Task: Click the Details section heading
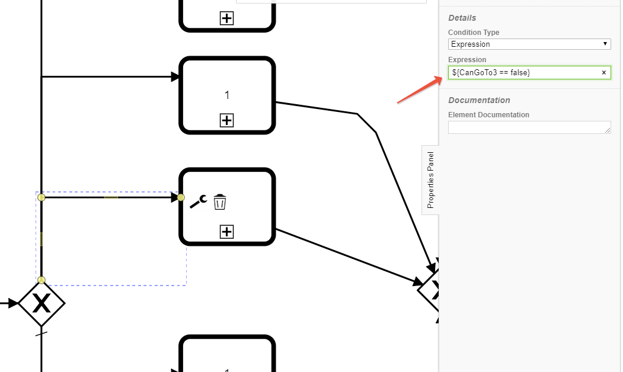coord(462,18)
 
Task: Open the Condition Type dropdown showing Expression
coord(529,44)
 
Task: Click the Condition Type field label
coord(474,33)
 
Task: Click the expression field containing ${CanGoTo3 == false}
coord(522,72)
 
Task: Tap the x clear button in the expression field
coord(604,72)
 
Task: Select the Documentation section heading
coord(479,100)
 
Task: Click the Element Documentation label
coord(488,115)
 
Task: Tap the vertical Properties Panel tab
coord(430,179)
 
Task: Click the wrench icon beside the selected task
coord(198,201)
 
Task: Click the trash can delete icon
coord(220,202)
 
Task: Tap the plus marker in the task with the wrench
coord(226,232)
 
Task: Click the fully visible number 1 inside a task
coord(227,95)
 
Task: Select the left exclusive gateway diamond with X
coord(41,303)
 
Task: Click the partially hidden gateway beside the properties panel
coord(430,290)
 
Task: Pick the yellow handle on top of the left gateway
coord(41,280)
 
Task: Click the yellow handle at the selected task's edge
coord(181,197)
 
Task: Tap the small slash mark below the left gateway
coord(41,333)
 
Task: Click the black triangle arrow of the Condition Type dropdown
coord(605,44)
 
